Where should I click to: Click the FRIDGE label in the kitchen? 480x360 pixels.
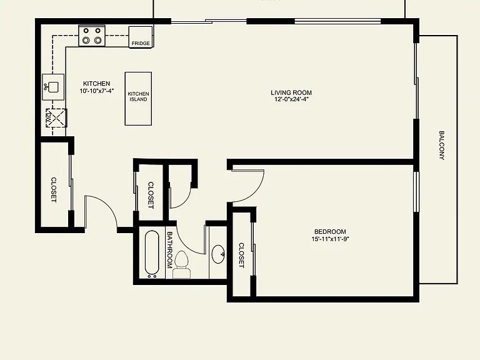(141, 44)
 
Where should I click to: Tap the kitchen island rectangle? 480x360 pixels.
(138, 99)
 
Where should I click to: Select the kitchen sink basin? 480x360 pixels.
(53, 87)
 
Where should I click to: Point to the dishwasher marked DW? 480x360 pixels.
(56, 118)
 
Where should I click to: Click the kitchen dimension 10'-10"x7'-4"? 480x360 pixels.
(97, 91)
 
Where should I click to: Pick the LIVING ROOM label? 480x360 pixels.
(291, 92)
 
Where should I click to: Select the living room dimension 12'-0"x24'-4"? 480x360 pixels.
(291, 99)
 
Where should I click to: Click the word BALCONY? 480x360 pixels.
(442, 146)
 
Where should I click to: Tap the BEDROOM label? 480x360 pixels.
(330, 232)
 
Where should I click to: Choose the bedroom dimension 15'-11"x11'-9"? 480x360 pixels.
(330, 239)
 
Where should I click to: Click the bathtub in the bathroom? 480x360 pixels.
(152, 254)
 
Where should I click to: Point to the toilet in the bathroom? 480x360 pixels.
(182, 265)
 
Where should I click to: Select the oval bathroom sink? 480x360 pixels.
(219, 254)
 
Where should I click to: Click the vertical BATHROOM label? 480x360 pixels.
(169, 250)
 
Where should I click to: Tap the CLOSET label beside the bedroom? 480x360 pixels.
(241, 255)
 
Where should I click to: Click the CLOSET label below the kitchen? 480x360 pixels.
(54, 190)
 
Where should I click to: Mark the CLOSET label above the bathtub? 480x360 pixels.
(151, 195)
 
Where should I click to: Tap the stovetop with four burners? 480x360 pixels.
(92, 36)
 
